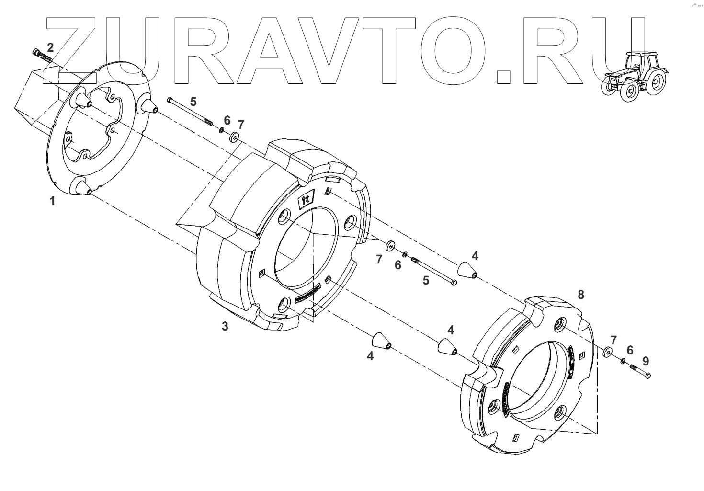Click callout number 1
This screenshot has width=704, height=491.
tap(52, 201)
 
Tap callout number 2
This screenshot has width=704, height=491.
tap(50, 47)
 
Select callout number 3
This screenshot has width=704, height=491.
tap(225, 327)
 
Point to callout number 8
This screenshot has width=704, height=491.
tap(580, 294)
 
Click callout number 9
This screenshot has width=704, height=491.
tap(646, 360)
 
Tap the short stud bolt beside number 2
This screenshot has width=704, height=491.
tap(42, 56)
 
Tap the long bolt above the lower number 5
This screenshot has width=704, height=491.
tap(433, 271)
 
